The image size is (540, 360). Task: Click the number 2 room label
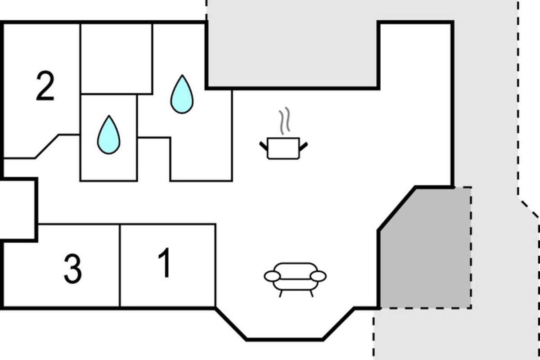pyautogui.click(x=45, y=85)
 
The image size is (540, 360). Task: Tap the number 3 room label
pyautogui.click(x=72, y=269)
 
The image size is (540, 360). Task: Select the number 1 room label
pyautogui.click(x=165, y=263)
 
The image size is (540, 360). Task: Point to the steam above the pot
pyautogui.click(x=284, y=121)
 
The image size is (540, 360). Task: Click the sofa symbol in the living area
pyautogui.click(x=295, y=280)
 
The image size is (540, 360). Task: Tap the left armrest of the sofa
pyautogui.click(x=272, y=276)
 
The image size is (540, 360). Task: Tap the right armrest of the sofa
pyautogui.click(x=318, y=276)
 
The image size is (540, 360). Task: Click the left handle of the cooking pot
pyautogui.click(x=264, y=146)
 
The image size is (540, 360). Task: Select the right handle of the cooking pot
pyautogui.click(x=303, y=147)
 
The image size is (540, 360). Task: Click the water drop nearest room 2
pyautogui.click(x=108, y=135)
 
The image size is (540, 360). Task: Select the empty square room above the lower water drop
pyautogui.click(x=117, y=58)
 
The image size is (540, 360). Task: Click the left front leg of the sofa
pyautogui.click(x=281, y=293)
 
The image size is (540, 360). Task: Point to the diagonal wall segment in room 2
pyautogui.click(x=47, y=146)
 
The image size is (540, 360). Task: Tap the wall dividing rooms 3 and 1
pyautogui.click(x=120, y=265)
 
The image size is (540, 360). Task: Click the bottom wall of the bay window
pyautogui.click(x=284, y=339)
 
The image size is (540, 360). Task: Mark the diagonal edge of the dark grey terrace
pyautogui.click(x=397, y=208)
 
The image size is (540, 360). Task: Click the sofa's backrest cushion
pyautogui.click(x=296, y=270)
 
